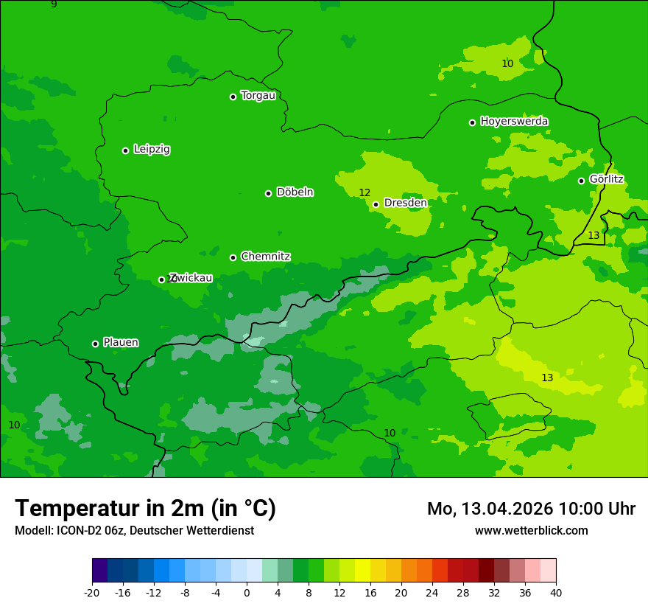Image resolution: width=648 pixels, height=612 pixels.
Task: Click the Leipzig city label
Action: (152, 150)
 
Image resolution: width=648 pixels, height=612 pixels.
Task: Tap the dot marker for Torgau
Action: (233, 97)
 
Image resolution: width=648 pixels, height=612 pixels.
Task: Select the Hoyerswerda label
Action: (514, 122)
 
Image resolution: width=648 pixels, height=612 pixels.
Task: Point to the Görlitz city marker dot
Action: (581, 181)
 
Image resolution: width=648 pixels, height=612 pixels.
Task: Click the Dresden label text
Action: (405, 203)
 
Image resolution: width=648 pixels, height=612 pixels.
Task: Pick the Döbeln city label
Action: (295, 192)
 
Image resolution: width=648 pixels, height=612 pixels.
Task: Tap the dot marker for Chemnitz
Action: (233, 257)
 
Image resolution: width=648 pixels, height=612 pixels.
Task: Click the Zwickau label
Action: (191, 278)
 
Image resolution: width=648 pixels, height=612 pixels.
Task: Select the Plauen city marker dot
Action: (95, 344)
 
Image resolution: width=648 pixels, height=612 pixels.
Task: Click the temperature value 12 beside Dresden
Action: (364, 192)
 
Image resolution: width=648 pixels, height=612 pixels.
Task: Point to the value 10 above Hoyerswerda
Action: (507, 63)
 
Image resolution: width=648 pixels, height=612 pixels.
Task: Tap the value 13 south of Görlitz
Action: (594, 235)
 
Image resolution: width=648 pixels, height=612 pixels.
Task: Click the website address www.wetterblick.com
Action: (531, 531)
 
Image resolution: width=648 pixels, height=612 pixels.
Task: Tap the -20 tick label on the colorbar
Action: (92, 592)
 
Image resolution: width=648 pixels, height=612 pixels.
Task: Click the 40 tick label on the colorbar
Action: (556, 592)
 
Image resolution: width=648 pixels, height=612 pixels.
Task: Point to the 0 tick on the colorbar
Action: (247, 592)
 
